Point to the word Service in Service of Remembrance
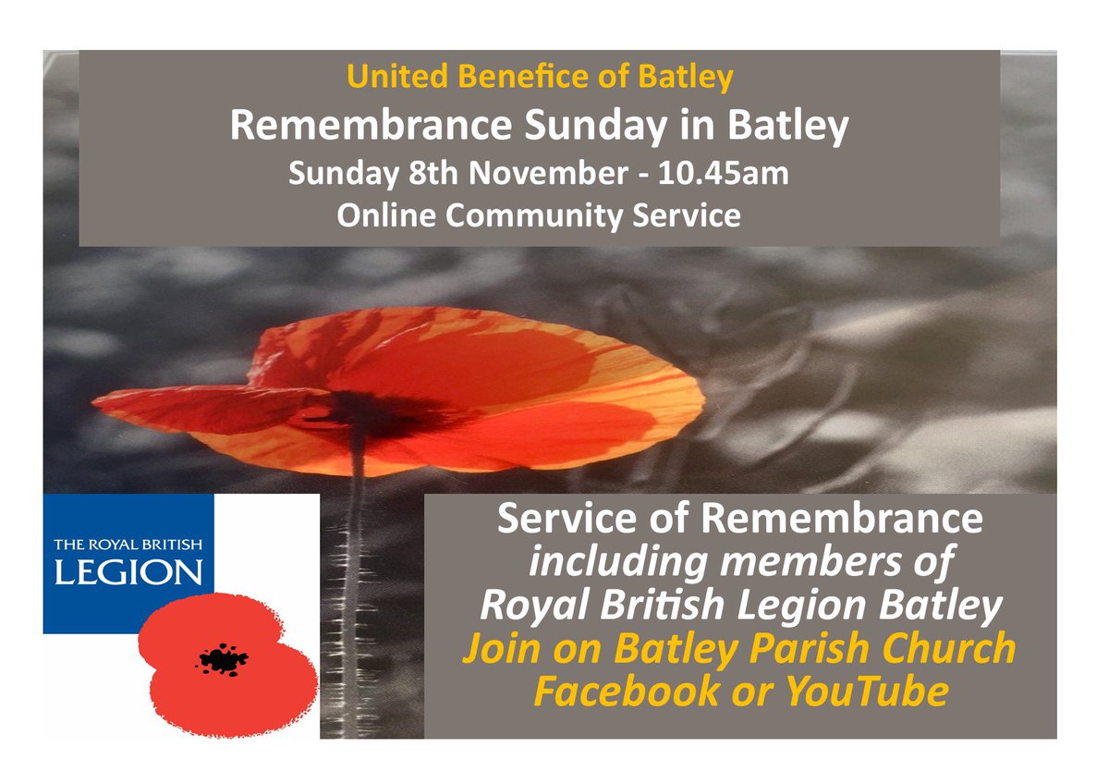pos(567,521)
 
